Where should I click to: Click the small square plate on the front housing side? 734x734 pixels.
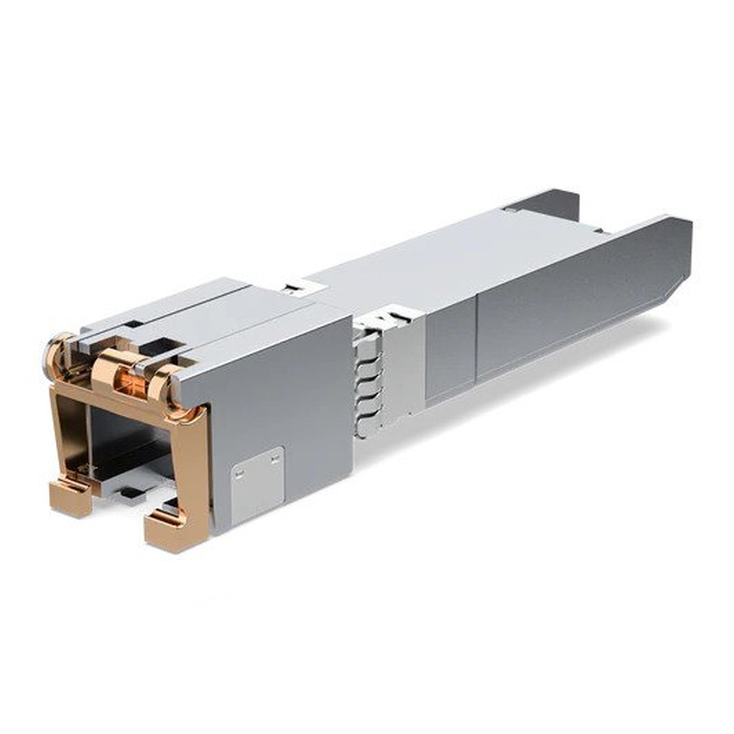pyautogui.click(x=257, y=484)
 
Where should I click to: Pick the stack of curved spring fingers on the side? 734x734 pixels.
pyautogui.click(x=366, y=382)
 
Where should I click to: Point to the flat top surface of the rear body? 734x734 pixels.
pyautogui.click(x=455, y=257)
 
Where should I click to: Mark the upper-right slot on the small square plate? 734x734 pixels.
pyautogui.click(x=275, y=458)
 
